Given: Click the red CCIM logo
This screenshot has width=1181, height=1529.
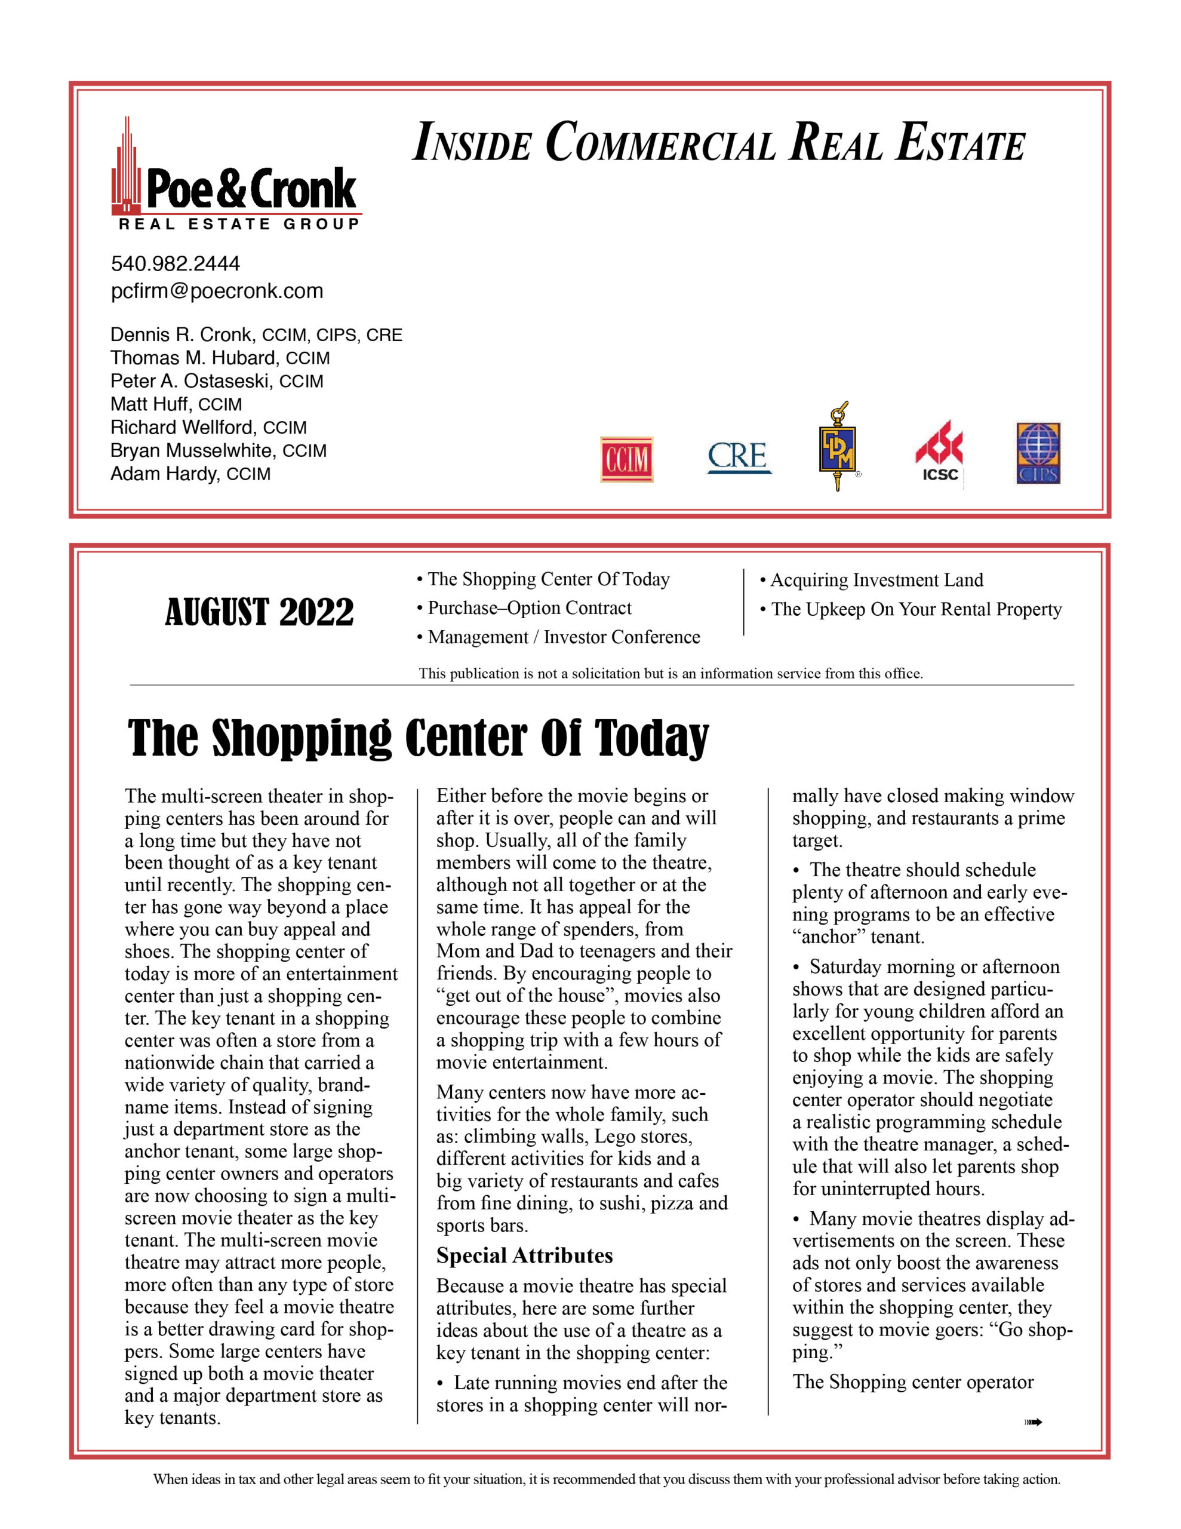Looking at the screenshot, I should tap(626, 459).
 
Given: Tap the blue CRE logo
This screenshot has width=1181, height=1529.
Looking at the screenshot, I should tap(739, 456).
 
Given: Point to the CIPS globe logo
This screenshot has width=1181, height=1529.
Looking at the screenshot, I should tap(1038, 453).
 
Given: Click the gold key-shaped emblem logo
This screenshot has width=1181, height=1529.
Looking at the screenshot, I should tap(838, 446).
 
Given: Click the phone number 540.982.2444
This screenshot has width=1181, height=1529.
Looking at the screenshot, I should tap(175, 264).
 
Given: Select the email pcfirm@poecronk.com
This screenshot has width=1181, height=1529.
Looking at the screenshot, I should tap(217, 291).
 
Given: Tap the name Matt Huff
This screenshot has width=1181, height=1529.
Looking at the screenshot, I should tap(150, 404).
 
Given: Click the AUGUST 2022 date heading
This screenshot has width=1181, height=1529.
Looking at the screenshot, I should tap(259, 613).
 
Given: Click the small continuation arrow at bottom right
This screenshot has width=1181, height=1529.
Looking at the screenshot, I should tap(1034, 1422).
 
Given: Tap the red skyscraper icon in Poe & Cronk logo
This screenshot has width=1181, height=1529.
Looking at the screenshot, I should tap(127, 168).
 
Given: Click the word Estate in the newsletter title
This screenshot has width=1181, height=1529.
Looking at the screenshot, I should tap(961, 143).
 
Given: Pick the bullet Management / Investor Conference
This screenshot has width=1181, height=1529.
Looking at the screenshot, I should tap(563, 637).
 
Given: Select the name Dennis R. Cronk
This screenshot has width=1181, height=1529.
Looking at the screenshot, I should tap(181, 334).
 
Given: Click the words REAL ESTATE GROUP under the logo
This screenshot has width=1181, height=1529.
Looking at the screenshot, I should tap(239, 224).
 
